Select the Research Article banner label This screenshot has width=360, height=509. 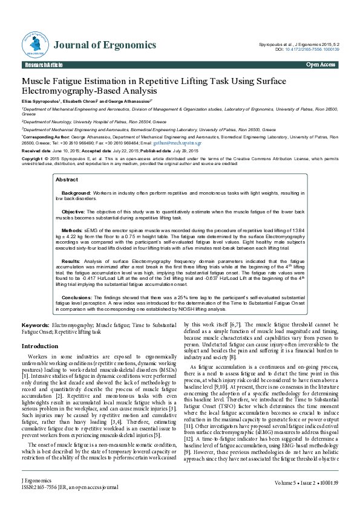point(43,65)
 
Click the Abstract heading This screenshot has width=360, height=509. point(67,180)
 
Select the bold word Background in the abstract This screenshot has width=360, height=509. point(76,192)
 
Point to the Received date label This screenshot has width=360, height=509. point(36,150)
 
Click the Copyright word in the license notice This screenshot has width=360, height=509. point(33,158)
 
